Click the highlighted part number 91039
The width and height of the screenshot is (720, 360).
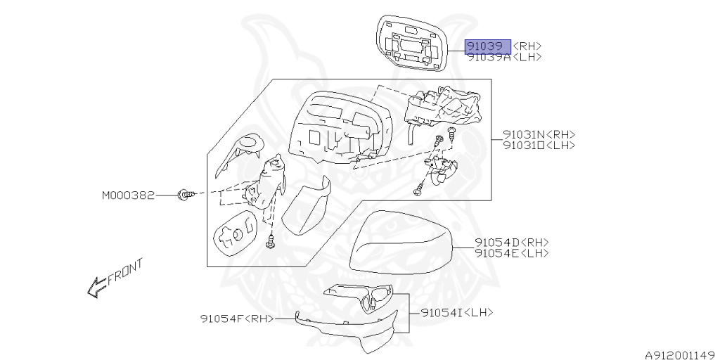point(488,46)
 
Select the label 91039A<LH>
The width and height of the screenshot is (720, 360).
point(504,57)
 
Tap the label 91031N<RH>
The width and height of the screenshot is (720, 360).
point(539,134)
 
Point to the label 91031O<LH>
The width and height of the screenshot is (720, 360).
point(539,145)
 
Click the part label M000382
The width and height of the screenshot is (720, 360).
point(128,195)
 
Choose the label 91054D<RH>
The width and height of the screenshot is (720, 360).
point(511,243)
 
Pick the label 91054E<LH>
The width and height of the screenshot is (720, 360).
point(511,253)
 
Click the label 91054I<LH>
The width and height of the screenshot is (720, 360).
point(457,311)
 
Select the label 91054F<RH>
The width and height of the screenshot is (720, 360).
point(238,319)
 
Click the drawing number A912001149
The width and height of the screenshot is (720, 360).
point(679,355)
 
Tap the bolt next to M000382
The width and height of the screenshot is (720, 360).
point(184,194)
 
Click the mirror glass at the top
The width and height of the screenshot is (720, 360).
point(411,42)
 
